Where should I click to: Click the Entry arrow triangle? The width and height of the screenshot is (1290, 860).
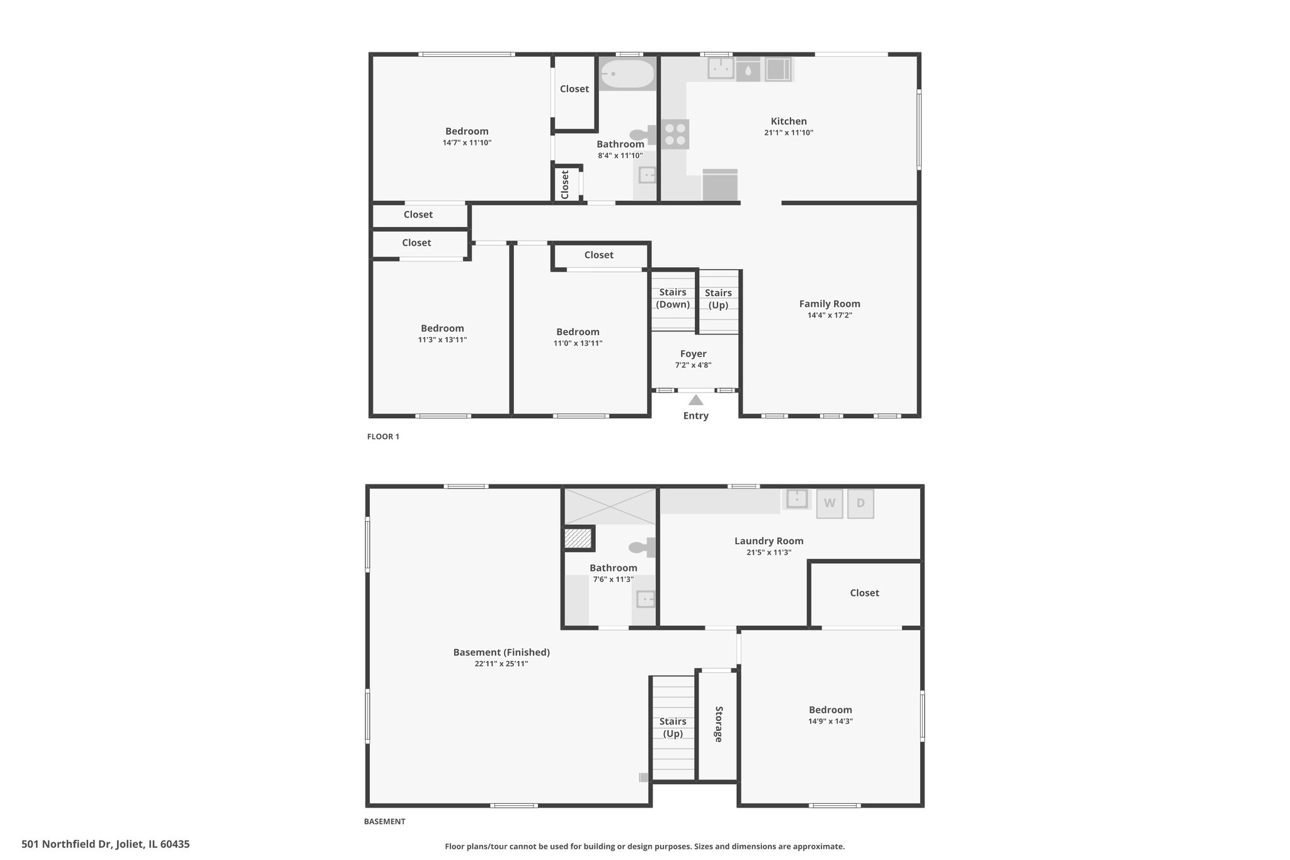tap(695, 400)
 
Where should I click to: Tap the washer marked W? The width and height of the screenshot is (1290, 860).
tap(830, 503)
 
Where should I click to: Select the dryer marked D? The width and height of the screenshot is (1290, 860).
tap(860, 503)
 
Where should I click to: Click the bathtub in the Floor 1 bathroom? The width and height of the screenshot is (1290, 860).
tap(627, 74)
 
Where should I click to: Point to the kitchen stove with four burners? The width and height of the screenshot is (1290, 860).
tap(675, 134)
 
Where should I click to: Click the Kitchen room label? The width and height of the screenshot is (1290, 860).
tap(789, 121)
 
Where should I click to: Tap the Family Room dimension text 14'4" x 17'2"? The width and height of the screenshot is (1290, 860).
tap(830, 315)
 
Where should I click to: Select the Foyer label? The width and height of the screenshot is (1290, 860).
tap(693, 354)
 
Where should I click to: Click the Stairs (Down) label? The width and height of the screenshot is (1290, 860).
tap(673, 298)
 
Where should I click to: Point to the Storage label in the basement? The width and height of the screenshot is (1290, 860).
tap(719, 724)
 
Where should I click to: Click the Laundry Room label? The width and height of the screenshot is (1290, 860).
tap(769, 541)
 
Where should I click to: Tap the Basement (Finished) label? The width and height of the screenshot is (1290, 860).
tap(501, 652)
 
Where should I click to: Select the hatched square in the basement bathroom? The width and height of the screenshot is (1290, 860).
tap(578, 539)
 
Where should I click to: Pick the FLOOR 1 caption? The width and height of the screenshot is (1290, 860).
tap(383, 437)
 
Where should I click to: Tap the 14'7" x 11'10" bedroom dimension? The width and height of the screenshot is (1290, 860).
tap(467, 143)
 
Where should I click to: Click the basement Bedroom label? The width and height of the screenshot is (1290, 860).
tap(830, 709)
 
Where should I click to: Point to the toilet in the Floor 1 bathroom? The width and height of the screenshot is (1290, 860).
tap(643, 134)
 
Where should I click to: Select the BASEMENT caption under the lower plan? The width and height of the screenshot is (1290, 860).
tap(384, 822)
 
